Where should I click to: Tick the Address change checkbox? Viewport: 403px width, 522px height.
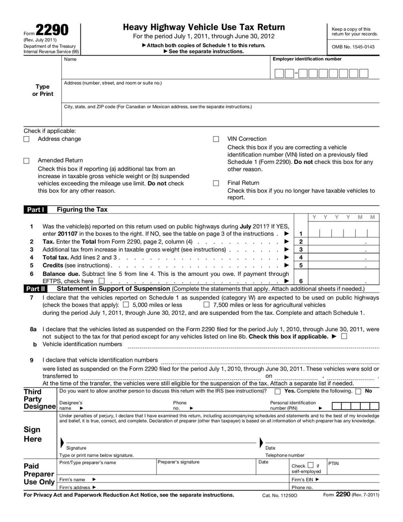27,139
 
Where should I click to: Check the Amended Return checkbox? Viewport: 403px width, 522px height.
27,160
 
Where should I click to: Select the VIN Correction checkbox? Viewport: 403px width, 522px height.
216,139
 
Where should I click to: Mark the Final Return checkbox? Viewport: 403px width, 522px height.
216,183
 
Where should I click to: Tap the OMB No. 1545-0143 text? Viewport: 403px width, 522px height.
353,47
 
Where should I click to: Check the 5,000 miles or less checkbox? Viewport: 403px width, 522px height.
126,305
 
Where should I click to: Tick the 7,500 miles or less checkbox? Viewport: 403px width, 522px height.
207,305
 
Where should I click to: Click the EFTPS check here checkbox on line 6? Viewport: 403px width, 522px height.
102,281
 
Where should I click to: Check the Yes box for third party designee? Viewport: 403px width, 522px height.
278,391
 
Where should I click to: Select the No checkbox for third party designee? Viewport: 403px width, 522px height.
358,391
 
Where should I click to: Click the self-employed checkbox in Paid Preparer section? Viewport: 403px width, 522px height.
310,465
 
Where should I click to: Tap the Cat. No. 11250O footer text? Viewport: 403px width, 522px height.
280,496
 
